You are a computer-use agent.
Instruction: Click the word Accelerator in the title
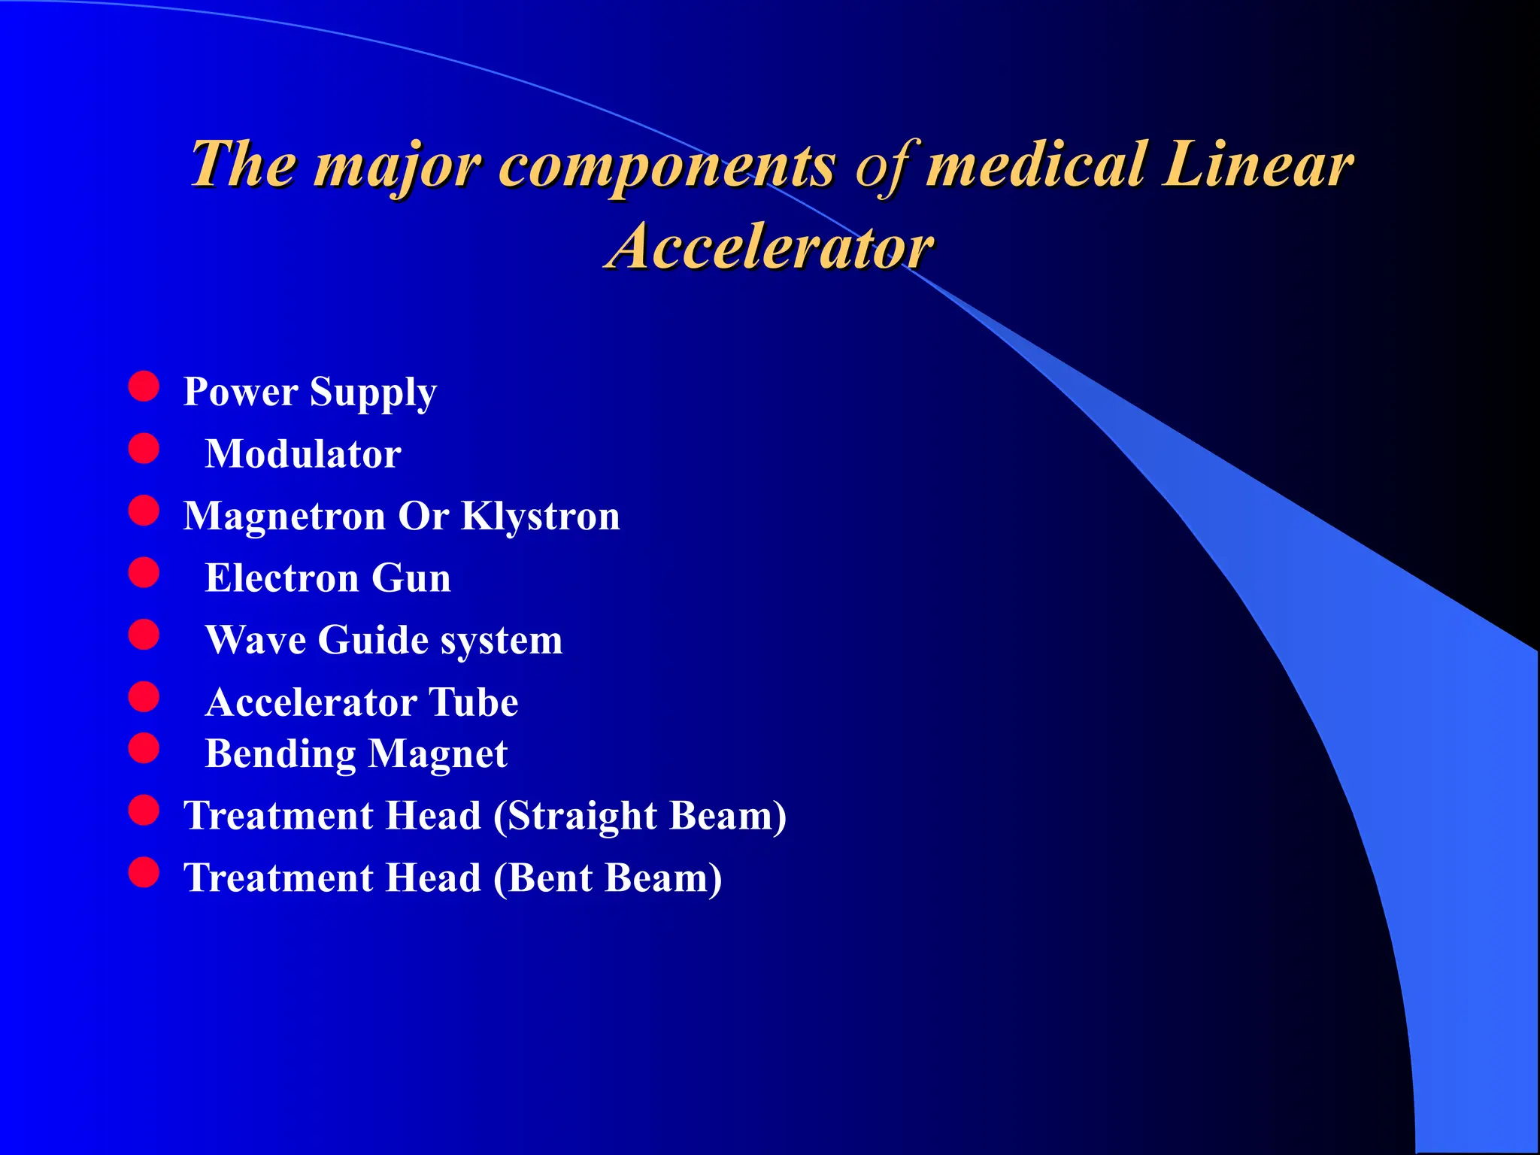770,247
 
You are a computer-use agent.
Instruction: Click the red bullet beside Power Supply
144,387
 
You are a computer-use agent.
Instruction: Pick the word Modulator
303,454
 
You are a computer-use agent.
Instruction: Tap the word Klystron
541,516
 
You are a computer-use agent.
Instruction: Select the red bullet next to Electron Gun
144,573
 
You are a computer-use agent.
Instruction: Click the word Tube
473,702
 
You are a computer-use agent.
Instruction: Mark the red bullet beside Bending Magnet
144,749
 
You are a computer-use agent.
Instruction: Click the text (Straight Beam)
640,816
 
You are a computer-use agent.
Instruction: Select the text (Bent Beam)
608,878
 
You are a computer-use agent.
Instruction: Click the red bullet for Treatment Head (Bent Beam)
144,873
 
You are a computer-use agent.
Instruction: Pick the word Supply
373,393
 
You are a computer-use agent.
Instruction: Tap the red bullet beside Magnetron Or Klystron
144,511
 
